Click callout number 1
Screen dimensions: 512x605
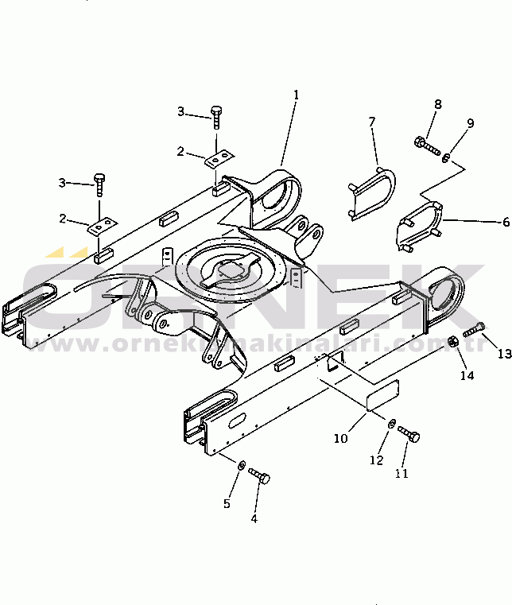coord(296,95)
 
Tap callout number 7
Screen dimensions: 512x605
coord(371,122)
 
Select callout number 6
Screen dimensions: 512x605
coord(506,223)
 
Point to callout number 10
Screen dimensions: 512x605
coord(341,439)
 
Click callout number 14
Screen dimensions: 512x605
coord(467,375)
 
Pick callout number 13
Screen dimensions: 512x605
coord(504,354)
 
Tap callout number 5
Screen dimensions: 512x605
coord(227,503)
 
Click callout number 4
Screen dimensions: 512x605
coord(254,519)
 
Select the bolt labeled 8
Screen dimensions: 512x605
coord(428,146)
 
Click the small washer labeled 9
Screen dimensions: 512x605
coord(446,158)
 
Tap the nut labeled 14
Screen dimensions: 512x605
coord(452,341)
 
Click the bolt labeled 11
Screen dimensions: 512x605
coord(409,434)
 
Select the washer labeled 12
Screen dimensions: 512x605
coord(391,423)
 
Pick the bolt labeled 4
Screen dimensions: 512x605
coord(259,475)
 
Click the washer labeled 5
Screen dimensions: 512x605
coord(242,464)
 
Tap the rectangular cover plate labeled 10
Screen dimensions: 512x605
coord(382,395)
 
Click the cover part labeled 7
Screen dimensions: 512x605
coord(371,193)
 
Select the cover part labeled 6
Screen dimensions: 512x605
coord(420,226)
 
